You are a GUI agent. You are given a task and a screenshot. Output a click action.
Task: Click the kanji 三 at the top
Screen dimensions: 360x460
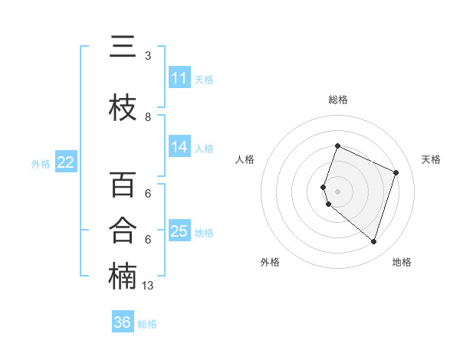(122, 47)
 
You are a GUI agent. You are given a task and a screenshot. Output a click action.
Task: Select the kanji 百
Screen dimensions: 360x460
(122, 185)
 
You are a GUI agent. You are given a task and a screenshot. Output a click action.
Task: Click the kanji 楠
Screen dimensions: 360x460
(122, 276)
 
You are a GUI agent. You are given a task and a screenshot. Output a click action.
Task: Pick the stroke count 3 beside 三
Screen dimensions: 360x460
(148, 56)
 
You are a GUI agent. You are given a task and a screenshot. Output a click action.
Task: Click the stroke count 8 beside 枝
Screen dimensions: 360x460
(148, 117)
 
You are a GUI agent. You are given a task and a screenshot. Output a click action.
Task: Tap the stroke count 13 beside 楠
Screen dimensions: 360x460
(149, 286)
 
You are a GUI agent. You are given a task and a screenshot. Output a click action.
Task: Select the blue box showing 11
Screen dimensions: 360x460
(179, 77)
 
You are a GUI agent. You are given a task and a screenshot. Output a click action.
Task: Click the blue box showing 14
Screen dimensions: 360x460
(179, 146)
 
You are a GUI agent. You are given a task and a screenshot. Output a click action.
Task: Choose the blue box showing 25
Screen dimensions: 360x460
(179, 231)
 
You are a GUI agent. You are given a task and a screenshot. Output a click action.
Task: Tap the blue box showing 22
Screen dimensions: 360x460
(66, 162)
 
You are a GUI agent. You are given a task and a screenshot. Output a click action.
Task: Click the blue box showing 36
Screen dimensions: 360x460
(122, 322)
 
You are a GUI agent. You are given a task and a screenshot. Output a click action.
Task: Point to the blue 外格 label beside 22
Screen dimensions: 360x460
(41, 163)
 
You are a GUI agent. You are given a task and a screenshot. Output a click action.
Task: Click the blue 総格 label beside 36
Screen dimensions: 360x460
(147, 324)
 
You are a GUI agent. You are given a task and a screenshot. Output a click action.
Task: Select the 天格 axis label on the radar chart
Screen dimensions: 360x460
(431, 159)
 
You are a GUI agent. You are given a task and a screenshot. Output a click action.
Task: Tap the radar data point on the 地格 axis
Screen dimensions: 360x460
(373, 242)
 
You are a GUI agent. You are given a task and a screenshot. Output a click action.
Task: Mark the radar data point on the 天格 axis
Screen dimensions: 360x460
(396, 172)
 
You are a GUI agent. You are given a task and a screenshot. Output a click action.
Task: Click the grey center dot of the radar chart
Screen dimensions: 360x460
(337, 191)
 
